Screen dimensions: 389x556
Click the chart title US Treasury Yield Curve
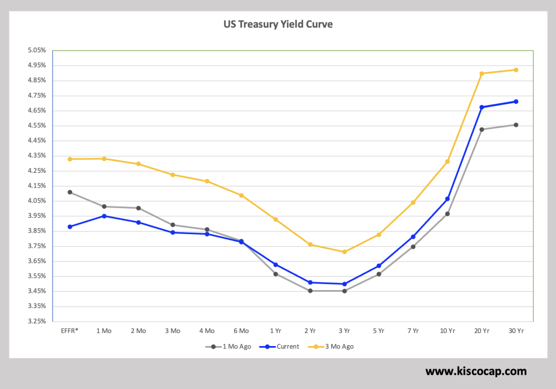[277, 24]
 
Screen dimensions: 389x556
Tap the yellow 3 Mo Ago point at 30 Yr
[516, 70]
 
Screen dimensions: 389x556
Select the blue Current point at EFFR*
[70, 227]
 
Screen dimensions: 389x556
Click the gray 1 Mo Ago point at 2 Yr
[310, 291]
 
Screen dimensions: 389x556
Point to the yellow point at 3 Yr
[344, 252]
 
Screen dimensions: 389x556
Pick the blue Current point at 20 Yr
[482, 107]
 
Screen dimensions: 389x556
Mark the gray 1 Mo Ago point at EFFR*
[70, 192]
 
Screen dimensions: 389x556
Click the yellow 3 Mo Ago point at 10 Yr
[447, 161]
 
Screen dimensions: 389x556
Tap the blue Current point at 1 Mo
[104, 216]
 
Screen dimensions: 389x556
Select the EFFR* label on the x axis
[70, 330]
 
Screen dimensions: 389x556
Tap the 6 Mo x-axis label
[241, 330]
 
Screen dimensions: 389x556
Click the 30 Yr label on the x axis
[516, 330]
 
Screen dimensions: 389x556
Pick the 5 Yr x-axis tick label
[378, 330]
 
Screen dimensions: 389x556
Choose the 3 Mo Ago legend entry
[337, 346]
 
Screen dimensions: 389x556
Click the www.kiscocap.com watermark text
[476, 372]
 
